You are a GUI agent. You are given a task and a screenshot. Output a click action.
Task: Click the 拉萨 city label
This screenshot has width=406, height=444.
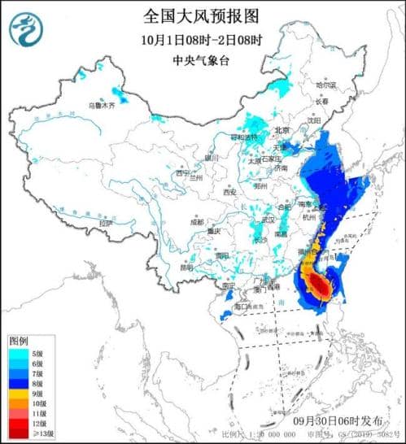click(x=104, y=222)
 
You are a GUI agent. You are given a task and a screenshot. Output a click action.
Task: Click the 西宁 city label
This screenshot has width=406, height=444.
click(x=182, y=173)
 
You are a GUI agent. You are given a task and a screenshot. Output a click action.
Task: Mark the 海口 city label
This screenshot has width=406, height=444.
click(x=242, y=307)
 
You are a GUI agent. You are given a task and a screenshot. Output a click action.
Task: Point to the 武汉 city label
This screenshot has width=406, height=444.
click(x=264, y=220)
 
